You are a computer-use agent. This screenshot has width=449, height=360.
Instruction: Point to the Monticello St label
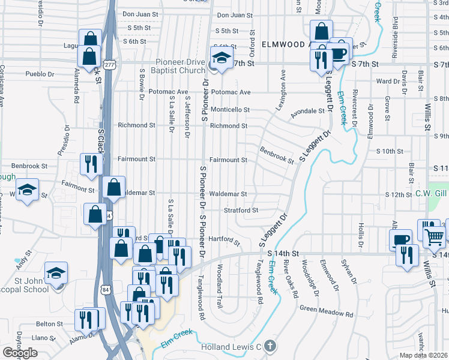(x=229, y=110)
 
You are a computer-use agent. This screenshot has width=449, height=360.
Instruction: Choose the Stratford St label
(x=240, y=210)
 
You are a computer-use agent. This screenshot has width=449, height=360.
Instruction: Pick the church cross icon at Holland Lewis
(x=270, y=346)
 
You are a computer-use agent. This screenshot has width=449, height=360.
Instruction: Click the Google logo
(x=20, y=353)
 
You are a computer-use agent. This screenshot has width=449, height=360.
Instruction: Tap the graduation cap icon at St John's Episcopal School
(x=56, y=274)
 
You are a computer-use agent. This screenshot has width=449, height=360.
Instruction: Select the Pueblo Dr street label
(x=40, y=75)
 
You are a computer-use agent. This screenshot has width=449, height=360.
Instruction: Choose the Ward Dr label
(x=387, y=81)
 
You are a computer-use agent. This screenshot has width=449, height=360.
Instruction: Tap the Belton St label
(x=49, y=323)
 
